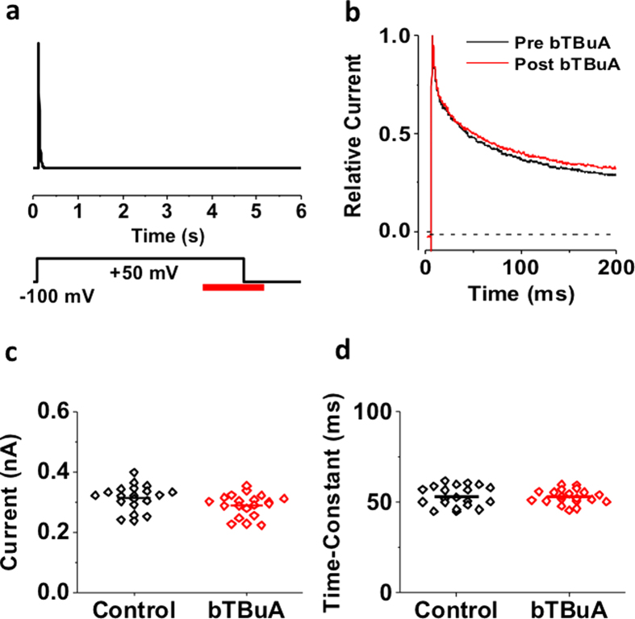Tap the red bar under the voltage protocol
coord(233,286)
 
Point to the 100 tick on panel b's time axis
coord(521,268)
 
